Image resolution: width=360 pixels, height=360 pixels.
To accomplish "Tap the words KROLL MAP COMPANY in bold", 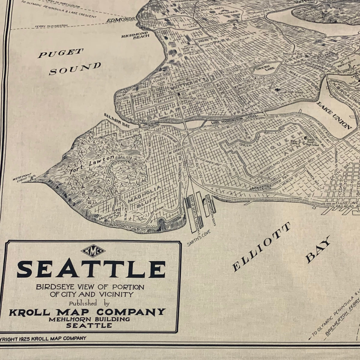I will [87, 312].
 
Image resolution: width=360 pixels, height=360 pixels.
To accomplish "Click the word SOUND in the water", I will [75, 68].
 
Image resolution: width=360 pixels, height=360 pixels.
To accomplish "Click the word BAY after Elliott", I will [317, 249].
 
